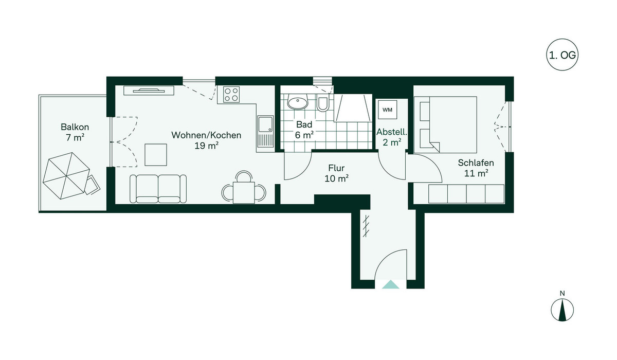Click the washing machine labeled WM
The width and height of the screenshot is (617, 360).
click(387, 110)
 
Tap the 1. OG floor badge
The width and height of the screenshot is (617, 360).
click(562, 55)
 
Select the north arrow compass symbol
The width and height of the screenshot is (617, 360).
click(562, 310)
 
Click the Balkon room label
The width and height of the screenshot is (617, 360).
click(75, 127)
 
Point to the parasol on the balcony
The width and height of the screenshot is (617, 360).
click(66, 176)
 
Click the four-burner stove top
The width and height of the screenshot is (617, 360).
click(231, 95)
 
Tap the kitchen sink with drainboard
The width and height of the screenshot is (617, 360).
click(265, 131)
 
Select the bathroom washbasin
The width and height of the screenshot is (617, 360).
click(298, 102)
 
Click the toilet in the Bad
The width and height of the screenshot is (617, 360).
click(322, 103)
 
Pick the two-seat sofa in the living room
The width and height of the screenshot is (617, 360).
click(158, 189)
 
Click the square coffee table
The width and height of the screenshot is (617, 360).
click(156, 155)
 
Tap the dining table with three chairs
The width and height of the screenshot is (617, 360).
click(244, 189)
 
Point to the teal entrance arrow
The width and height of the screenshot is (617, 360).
click(390, 284)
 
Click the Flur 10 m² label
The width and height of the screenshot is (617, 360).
click(336, 173)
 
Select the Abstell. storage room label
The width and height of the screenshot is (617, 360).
click(392, 132)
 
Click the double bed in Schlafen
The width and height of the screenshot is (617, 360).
click(445, 124)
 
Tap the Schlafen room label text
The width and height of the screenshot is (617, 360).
click(476, 163)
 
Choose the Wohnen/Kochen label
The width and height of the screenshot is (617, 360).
click(206, 135)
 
